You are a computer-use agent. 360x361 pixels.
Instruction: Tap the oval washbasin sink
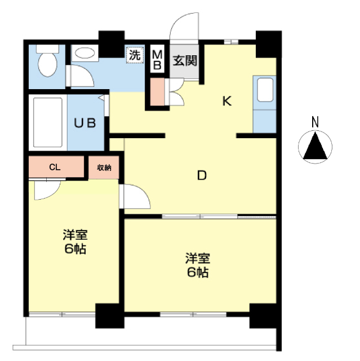click(85, 53)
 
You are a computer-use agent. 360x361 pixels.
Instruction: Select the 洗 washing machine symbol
click(135, 55)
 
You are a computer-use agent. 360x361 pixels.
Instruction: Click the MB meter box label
click(158, 60)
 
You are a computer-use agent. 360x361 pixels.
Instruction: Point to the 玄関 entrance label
click(185, 61)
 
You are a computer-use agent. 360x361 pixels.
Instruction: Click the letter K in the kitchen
click(227, 101)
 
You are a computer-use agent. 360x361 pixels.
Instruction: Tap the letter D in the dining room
click(202, 175)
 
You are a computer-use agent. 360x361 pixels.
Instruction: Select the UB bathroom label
click(85, 123)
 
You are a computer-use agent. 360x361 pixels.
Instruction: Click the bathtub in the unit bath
click(48, 122)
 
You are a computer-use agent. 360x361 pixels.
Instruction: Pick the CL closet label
click(55, 167)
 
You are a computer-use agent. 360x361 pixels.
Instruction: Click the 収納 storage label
click(104, 168)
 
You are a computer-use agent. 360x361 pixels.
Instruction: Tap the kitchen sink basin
click(265, 90)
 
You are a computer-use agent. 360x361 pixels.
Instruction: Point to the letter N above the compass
click(315, 122)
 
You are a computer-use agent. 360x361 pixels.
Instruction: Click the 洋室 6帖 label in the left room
click(75, 241)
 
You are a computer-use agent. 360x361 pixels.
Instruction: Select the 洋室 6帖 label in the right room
click(198, 265)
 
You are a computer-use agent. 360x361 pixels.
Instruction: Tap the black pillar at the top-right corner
click(269, 44)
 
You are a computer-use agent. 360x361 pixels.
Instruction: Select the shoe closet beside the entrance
click(158, 92)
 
